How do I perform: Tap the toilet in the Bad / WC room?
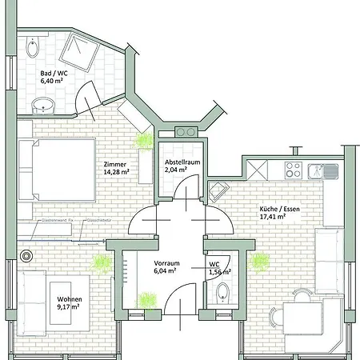point(31,50)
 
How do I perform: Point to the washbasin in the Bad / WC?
point(41,105)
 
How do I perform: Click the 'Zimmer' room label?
point(114,165)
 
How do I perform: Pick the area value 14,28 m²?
point(116,173)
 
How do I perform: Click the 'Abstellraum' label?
point(182,161)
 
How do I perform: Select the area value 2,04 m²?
point(177,170)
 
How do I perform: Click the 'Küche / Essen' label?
point(279,206)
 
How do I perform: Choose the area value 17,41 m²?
point(274,215)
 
